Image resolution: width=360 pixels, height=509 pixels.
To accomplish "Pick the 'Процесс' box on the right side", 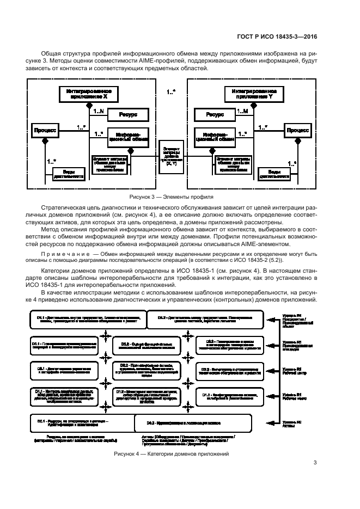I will pos(297,131).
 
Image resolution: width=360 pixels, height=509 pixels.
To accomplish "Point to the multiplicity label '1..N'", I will pos(99,111).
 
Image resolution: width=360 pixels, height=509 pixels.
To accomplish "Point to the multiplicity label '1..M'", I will pos(243,111).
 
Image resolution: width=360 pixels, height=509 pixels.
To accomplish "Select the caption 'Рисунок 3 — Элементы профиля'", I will pos(170,197).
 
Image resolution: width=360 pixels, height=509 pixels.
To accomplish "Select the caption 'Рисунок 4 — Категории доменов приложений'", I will pos(170,454).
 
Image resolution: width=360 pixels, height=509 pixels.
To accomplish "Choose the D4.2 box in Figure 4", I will pos(204,320).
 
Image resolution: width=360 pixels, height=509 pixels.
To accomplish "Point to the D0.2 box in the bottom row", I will pos(193,422).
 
